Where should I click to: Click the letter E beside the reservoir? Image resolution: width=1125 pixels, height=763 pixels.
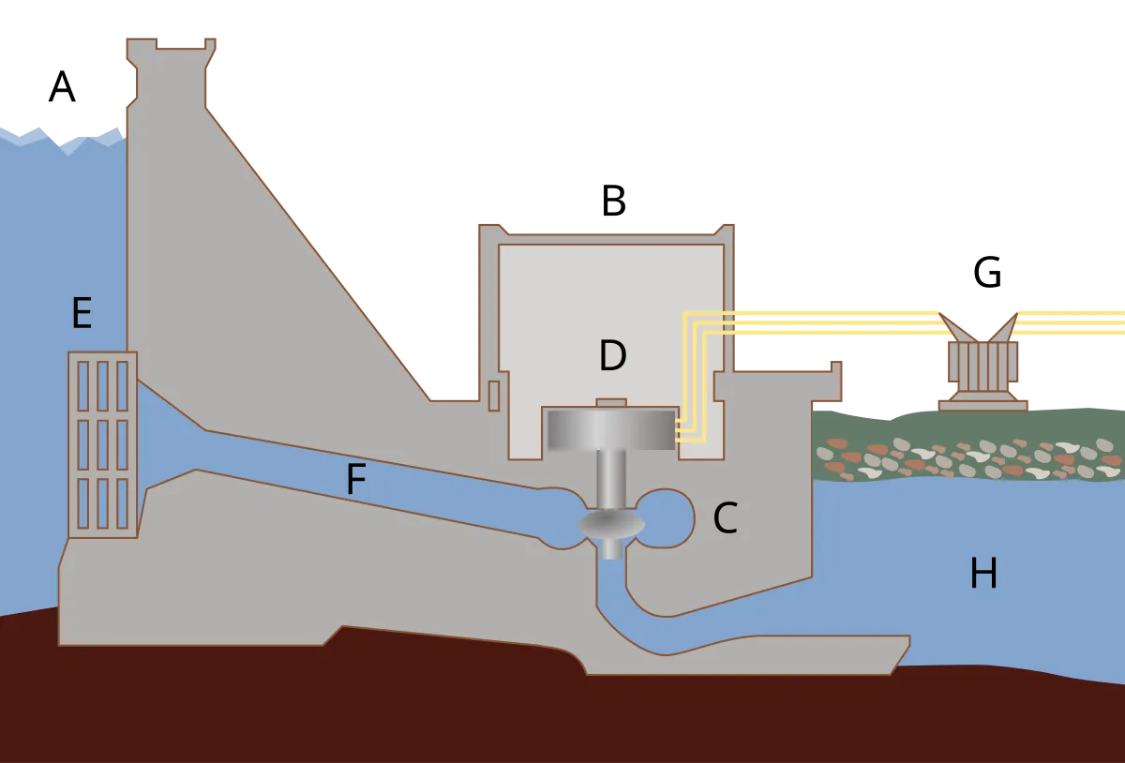click(x=82, y=313)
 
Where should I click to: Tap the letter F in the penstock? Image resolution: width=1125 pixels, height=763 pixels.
click(x=354, y=480)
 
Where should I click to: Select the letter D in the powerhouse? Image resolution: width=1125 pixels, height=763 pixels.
click(x=612, y=356)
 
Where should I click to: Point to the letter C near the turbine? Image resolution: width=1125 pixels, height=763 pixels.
click(x=725, y=519)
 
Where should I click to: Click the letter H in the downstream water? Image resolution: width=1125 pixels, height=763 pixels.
click(x=982, y=574)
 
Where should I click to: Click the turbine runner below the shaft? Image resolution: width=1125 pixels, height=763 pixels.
click(x=611, y=525)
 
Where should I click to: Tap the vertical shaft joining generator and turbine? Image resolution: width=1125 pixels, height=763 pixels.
click(x=611, y=478)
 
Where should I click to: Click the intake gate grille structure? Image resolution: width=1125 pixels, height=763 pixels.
click(x=102, y=444)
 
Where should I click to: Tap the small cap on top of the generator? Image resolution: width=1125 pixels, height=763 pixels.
click(x=611, y=403)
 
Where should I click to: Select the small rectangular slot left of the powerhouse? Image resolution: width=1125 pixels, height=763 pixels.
click(x=494, y=396)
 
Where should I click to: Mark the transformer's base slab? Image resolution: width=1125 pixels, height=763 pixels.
click(x=982, y=405)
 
